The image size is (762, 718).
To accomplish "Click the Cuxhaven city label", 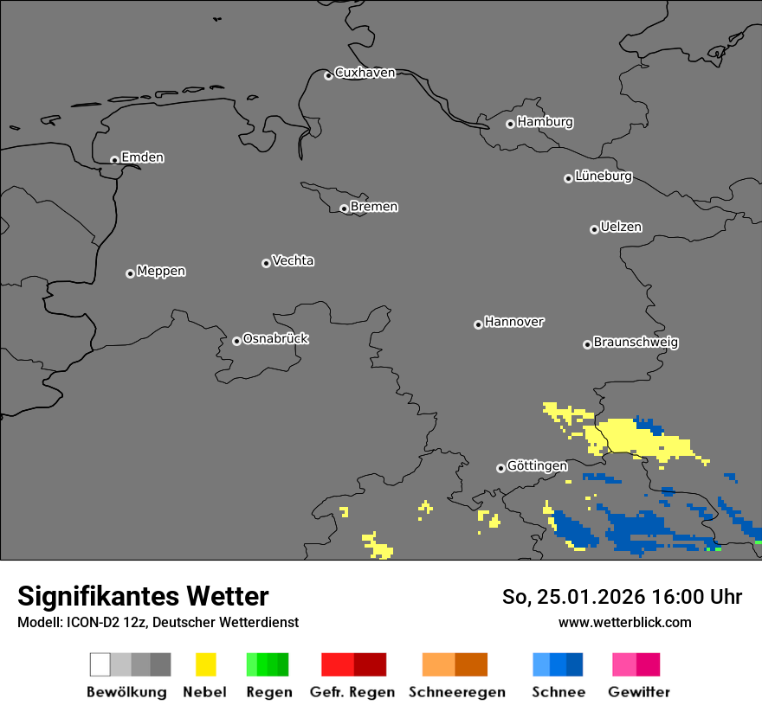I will (365, 73).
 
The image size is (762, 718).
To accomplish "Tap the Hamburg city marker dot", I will (510, 124).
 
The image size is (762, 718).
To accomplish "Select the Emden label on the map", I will (142, 157).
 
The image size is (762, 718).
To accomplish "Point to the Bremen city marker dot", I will (344, 208).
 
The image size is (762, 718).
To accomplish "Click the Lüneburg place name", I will (603, 176).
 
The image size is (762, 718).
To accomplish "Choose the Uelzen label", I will (621, 228).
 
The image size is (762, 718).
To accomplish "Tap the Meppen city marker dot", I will (130, 273).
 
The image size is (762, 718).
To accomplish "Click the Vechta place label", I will (293, 261).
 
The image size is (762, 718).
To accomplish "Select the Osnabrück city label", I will (275, 339).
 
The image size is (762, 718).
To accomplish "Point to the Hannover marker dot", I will (478, 324).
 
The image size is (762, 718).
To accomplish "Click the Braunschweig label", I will (636, 343).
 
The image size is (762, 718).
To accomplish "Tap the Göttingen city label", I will (537, 466).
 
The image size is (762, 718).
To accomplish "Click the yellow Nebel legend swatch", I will (205, 664).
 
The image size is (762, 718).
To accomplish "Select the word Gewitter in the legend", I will (639, 692).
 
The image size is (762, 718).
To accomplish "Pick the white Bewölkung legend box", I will (100, 664).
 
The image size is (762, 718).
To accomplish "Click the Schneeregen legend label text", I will (457, 692).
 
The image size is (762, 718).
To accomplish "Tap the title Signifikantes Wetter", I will (143, 596).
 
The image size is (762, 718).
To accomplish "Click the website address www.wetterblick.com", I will (624, 622).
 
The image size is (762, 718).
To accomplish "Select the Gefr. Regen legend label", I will (352, 692).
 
